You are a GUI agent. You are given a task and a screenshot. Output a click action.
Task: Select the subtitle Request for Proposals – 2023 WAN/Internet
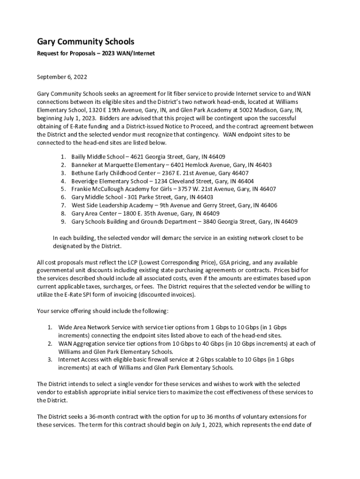[x=96, y=54]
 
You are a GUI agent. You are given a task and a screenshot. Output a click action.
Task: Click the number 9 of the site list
[x=63, y=222]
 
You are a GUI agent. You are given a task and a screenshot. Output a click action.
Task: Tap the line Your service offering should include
[x=98, y=311]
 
